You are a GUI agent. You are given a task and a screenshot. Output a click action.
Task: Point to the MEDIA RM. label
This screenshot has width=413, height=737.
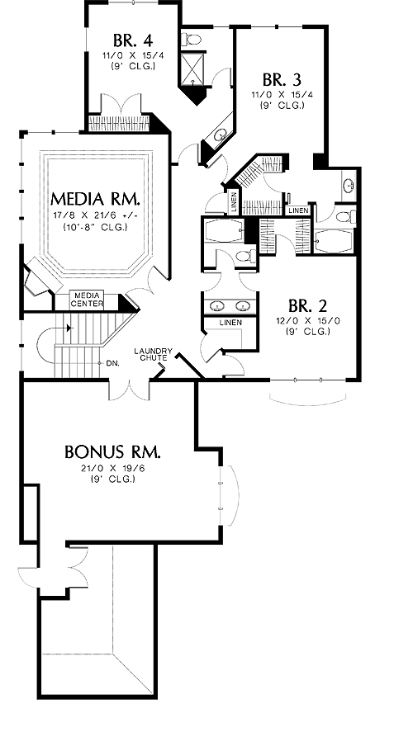(95, 199)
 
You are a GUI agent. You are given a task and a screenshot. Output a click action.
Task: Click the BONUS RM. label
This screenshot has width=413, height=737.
(112, 452)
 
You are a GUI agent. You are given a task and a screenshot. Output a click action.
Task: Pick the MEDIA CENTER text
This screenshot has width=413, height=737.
(87, 300)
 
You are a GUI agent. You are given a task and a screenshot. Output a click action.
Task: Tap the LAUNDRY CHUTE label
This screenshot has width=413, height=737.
(154, 354)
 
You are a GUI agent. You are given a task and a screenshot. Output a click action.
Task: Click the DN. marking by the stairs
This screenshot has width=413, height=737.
(112, 363)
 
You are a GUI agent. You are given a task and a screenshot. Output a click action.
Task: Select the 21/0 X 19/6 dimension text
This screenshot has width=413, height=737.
(112, 470)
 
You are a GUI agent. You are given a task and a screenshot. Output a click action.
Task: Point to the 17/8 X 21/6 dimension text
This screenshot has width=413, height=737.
(96, 217)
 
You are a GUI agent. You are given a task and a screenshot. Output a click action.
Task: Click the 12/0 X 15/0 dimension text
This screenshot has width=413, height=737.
(307, 322)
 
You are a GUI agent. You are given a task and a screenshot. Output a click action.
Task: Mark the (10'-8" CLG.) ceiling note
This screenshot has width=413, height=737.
(96, 228)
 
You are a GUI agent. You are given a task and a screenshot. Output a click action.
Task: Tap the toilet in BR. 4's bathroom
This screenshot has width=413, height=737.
(192, 39)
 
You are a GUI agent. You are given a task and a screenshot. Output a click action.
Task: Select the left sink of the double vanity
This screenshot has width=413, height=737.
(218, 306)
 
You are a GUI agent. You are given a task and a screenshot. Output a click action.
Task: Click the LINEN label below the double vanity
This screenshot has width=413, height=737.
(230, 323)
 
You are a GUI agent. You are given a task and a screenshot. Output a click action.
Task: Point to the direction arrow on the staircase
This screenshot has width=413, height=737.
(69, 328)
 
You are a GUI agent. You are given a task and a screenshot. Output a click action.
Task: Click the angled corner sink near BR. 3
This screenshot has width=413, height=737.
(219, 136)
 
